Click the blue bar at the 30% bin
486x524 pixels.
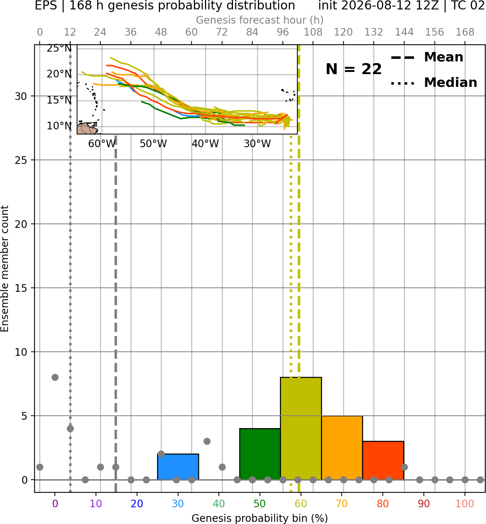[178, 467]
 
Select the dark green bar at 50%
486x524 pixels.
[260, 454]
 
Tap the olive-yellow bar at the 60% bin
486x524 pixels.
[301, 428]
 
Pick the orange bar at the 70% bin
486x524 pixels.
[342, 448]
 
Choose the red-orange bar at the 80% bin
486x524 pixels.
[383, 460]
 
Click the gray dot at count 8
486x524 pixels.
[55, 377]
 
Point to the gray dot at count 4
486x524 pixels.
[70, 428]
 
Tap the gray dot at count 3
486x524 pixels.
[207, 441]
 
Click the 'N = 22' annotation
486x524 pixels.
[353, 69]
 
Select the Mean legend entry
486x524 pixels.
[427, 57]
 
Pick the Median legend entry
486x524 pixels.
[434, 82]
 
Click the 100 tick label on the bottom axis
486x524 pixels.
[465, 503]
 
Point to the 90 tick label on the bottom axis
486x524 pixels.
[424, 503]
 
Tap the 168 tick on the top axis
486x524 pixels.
[465, 32]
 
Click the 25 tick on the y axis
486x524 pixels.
[21, 160]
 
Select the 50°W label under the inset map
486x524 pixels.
[153, 144]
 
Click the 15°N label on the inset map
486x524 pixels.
[59, 100]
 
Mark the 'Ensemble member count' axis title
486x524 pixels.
[4, 269]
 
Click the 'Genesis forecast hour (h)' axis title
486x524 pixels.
[260, 20]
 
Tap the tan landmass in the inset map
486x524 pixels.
[87, 129]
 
